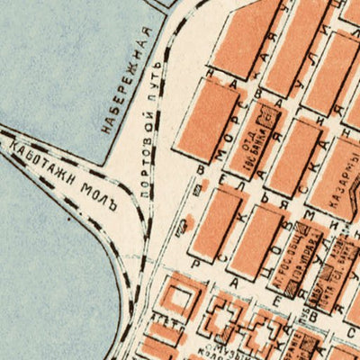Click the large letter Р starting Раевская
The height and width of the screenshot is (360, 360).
coord(195,253)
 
